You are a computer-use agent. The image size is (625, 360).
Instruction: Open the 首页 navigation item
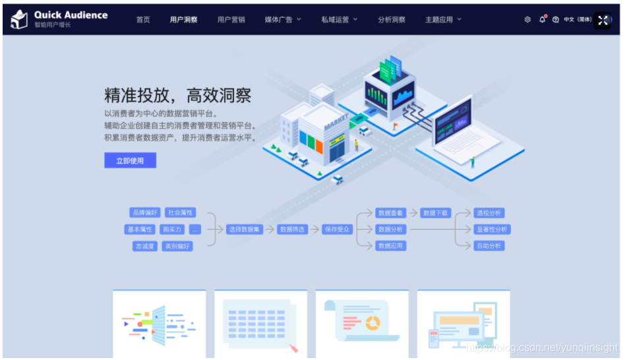143,20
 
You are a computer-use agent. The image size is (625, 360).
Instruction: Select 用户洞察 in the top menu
183,20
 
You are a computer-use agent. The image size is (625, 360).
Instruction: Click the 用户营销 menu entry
231,20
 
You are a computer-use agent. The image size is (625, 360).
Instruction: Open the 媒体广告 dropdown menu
283,20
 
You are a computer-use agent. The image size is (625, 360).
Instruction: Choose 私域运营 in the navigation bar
340,20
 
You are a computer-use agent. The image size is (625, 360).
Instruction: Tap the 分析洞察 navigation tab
392,20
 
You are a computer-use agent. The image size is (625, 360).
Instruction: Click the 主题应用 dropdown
443,20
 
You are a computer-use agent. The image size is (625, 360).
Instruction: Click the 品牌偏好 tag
145,213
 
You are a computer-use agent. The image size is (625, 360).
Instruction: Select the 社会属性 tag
181,213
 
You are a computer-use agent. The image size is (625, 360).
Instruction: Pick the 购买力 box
172,229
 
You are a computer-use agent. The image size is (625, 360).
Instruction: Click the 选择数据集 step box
245,229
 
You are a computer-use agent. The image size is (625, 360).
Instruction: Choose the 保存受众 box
338,229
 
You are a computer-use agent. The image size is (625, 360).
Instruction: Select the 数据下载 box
436,213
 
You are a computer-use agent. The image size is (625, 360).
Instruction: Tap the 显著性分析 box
492,229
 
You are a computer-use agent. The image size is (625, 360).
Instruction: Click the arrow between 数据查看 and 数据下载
413,213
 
